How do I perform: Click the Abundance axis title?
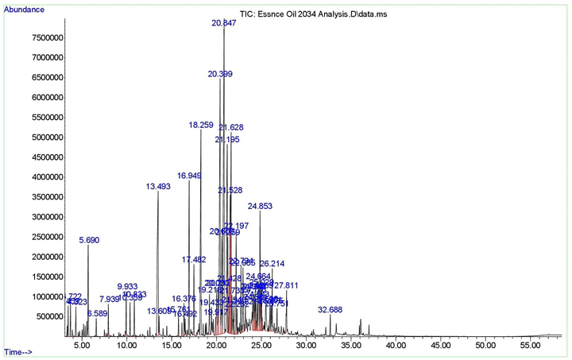pos(25,10)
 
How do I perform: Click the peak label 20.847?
pos(224,24)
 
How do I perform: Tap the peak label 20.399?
pos(220,74)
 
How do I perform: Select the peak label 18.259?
pos(201,126)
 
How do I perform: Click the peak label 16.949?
pos(189,176)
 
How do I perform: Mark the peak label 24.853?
pos(260,206)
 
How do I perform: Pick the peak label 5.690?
pos(89,240)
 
